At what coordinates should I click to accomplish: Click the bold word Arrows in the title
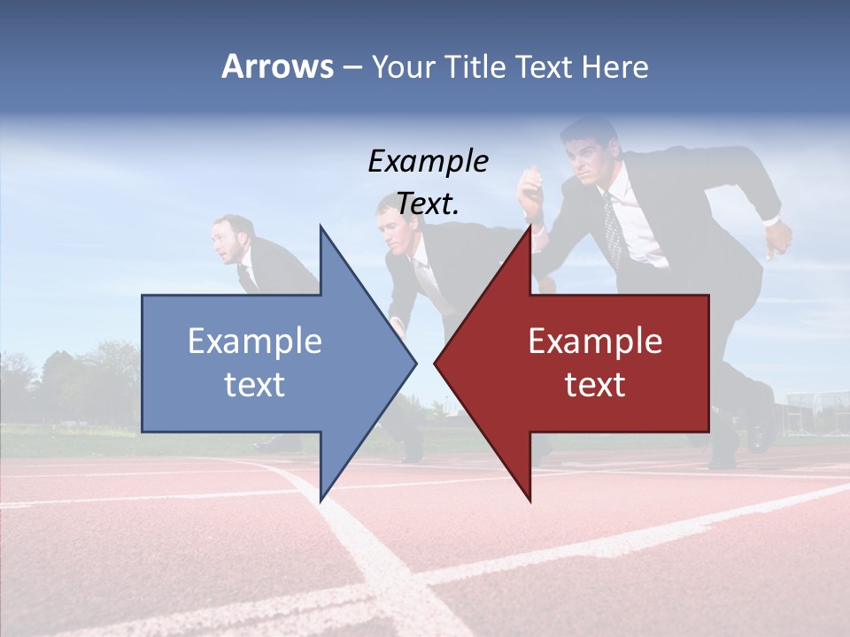tap(277, 66)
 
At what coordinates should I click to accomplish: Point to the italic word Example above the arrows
tap(428, 161)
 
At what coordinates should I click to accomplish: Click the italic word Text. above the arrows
tap(428, 204)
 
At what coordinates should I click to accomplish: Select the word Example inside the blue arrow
tap(255, 341)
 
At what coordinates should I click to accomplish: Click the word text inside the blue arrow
tap(255, 384)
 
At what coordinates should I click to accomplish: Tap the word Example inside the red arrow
tap(595, 341)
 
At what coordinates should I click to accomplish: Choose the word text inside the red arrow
tap(595, 384)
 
